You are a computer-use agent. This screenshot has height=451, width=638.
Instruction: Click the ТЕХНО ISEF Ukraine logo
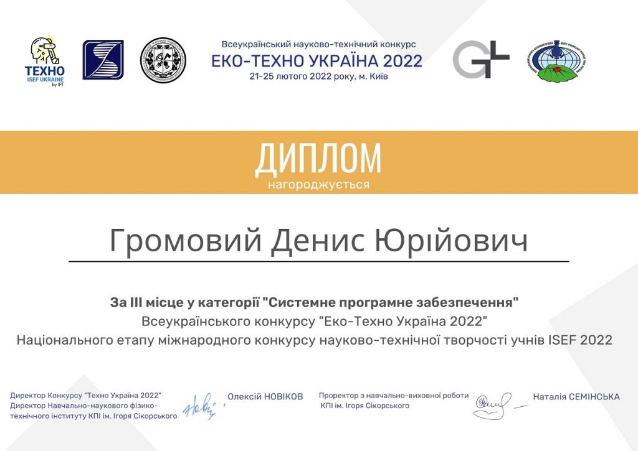(x=45, y=62)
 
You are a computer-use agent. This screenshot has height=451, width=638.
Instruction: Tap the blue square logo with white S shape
(x=103, y=60)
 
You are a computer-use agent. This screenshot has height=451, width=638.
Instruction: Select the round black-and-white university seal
(x=163, y=60)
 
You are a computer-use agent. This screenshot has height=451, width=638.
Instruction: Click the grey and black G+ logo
(x=481, y=59)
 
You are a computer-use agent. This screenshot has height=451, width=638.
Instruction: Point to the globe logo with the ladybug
(x=557, y=61)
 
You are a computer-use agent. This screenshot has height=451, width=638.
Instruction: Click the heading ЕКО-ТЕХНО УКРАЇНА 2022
(x=317, y=61)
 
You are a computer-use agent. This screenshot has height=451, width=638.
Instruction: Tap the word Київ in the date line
(x=379, y=77)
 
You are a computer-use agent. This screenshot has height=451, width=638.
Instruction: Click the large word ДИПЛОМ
(x=318, y=158)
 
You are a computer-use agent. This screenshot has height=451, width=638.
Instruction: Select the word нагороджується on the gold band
(x=318, y=185)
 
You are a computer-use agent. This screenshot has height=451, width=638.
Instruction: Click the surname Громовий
(x=185, y=240)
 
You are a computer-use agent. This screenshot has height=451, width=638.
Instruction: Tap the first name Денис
(x=318, y=240)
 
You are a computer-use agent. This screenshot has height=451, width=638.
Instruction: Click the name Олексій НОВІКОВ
(x=265, y=396)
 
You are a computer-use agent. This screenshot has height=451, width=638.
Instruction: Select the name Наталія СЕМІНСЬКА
(x=576, y=396)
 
